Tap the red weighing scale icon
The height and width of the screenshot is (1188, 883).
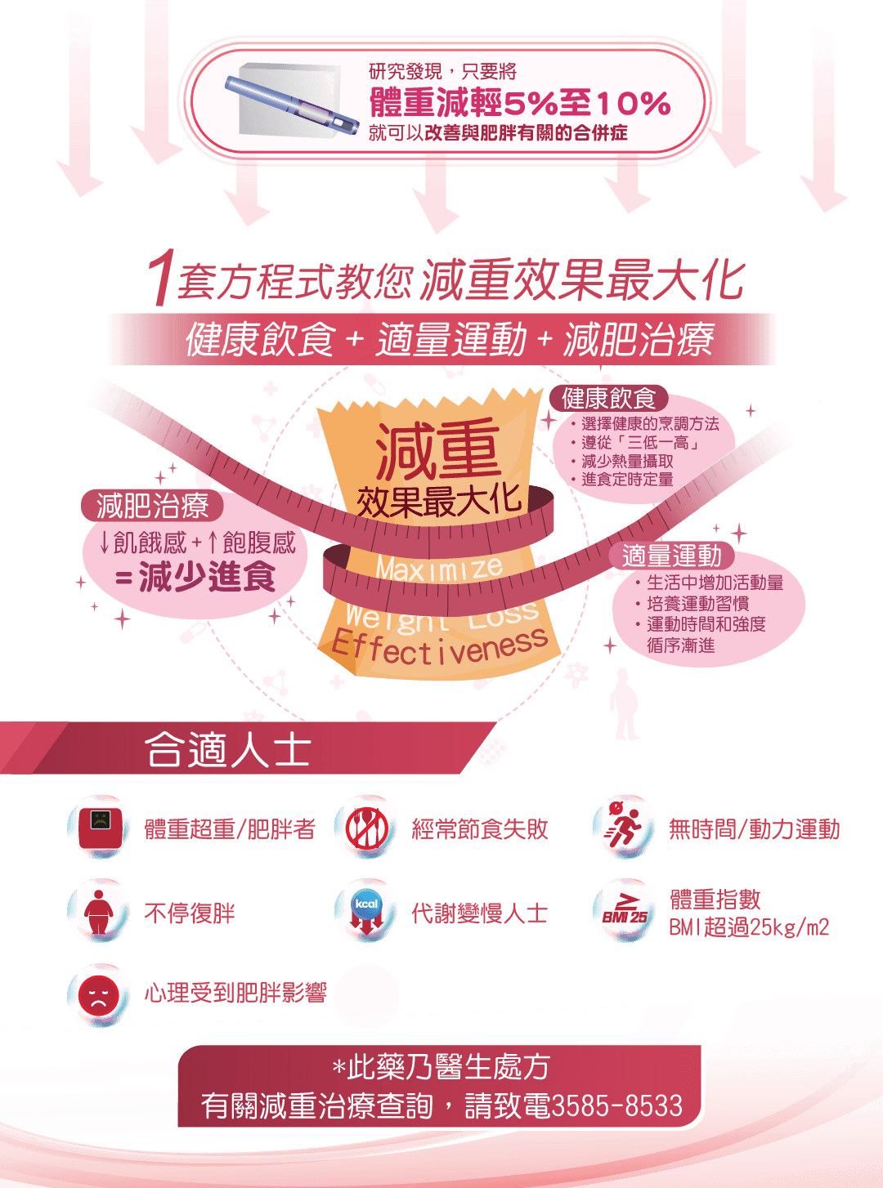click(x=100, y=828)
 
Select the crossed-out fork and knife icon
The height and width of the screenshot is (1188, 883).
click(x=367, y=828)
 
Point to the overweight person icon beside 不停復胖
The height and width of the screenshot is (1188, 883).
click(x=99, y=912)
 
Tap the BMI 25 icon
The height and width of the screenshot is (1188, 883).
click(x=625, y=910)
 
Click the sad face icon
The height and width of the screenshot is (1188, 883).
click(x=98, y=996)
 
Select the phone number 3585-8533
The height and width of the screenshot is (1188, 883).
click(x=617, y=1105)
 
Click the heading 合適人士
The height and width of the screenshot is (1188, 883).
click(x=228, y=749)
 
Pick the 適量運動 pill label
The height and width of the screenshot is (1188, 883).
click(x=671, y=556)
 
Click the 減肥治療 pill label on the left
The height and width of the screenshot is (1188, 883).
click(x=152, y=506)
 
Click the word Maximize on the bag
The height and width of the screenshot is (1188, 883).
click(x=440, y=569)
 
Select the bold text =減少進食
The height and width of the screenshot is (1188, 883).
click(x=195, y=577)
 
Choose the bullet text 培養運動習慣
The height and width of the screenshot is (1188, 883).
click(x=697, y=604)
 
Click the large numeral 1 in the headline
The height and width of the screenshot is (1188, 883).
click(x=161, y=278)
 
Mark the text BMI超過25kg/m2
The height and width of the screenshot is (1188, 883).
click(x=749, y=927)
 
